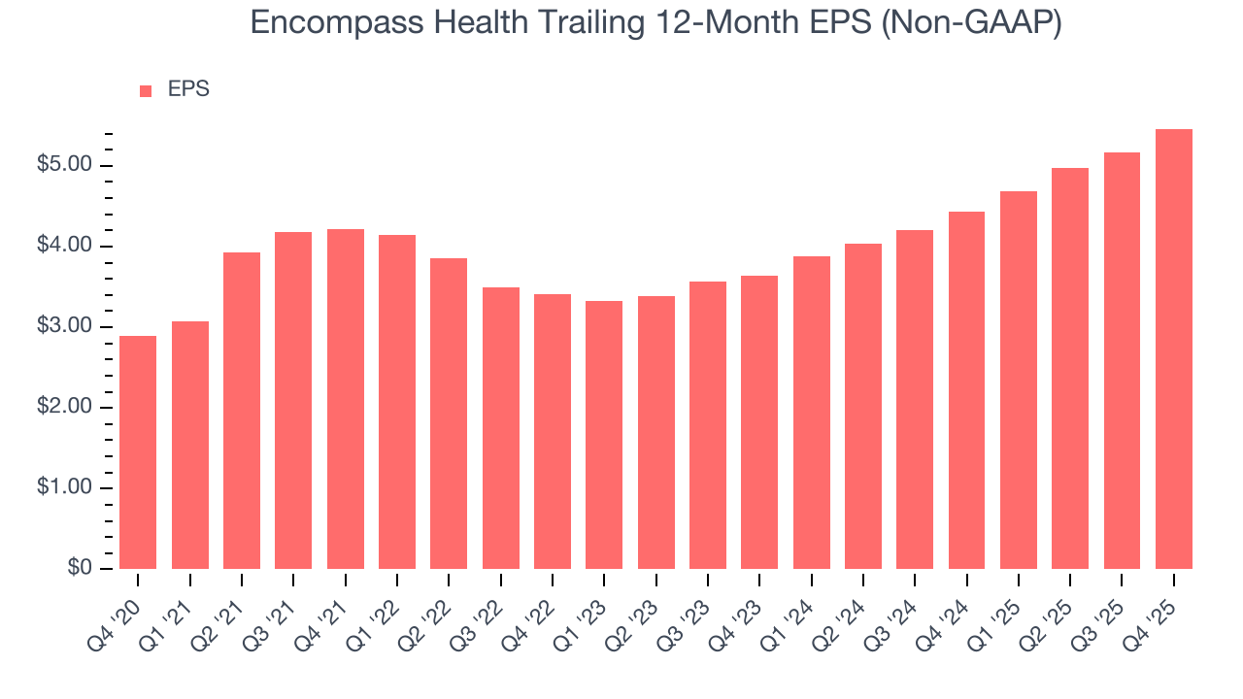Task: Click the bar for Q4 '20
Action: [x=138, y=452]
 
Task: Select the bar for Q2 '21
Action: [x=242, y=411]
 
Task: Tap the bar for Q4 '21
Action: [x=346, y=399]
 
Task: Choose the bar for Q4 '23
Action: [x=759, y=422]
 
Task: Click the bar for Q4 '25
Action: [x=1174, y=349]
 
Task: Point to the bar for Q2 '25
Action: [x=1070, y=369]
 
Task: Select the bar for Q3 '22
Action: [x=501, y=428]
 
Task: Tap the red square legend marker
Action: [x=146, y=91]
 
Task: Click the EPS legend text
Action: [x=188, y=89]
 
